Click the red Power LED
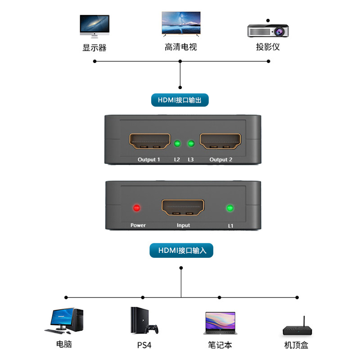coord(136,208)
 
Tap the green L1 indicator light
coord(230,208)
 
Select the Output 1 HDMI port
coord(150,141)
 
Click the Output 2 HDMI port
coord(220,141)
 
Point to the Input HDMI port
coord(183,207)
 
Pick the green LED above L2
coord(177,144)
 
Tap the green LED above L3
coord(191,144)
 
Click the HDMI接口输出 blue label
coord(180,100)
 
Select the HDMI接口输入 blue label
coord(181,251)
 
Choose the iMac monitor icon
coord(94,26)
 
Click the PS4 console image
coord(144,321)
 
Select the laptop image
coord(219,323)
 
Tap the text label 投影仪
coord(268,47)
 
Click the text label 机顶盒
coord(296,345)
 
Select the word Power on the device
coord(138,225)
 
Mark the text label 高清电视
coord(180,47)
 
